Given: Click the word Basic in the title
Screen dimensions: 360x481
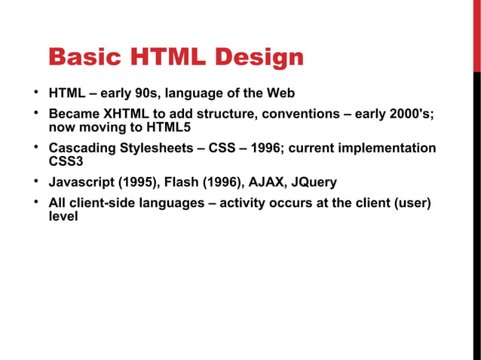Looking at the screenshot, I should click(81, 57).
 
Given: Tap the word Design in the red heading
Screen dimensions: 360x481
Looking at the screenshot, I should click(258, 57).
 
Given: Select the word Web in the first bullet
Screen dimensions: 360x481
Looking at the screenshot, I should click(280, 94).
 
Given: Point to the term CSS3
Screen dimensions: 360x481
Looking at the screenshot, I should click(66, 161).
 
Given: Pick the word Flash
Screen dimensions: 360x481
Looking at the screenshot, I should click(181, 182).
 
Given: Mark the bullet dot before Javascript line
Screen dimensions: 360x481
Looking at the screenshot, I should click(35, 182).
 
